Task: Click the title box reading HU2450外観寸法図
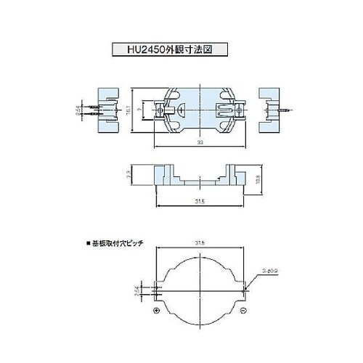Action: pos(165,50)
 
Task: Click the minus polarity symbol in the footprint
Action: pos(245,311)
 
